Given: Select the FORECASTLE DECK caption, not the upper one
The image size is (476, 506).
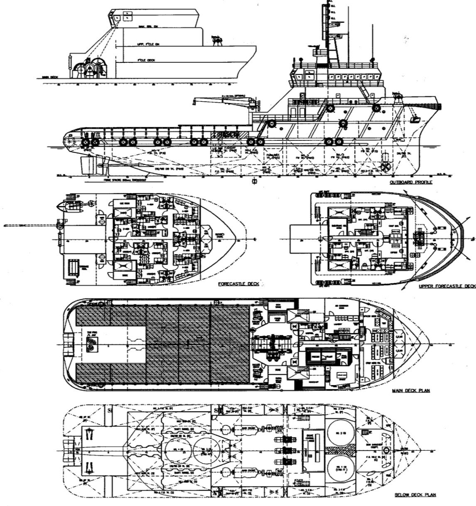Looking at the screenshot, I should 238,284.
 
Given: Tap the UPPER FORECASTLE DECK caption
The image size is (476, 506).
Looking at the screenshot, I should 447,286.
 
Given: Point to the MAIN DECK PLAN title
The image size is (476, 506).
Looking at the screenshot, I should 411,391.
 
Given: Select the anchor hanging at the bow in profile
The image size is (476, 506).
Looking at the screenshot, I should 414,119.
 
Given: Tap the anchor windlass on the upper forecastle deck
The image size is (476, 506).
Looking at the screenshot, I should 420,239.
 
